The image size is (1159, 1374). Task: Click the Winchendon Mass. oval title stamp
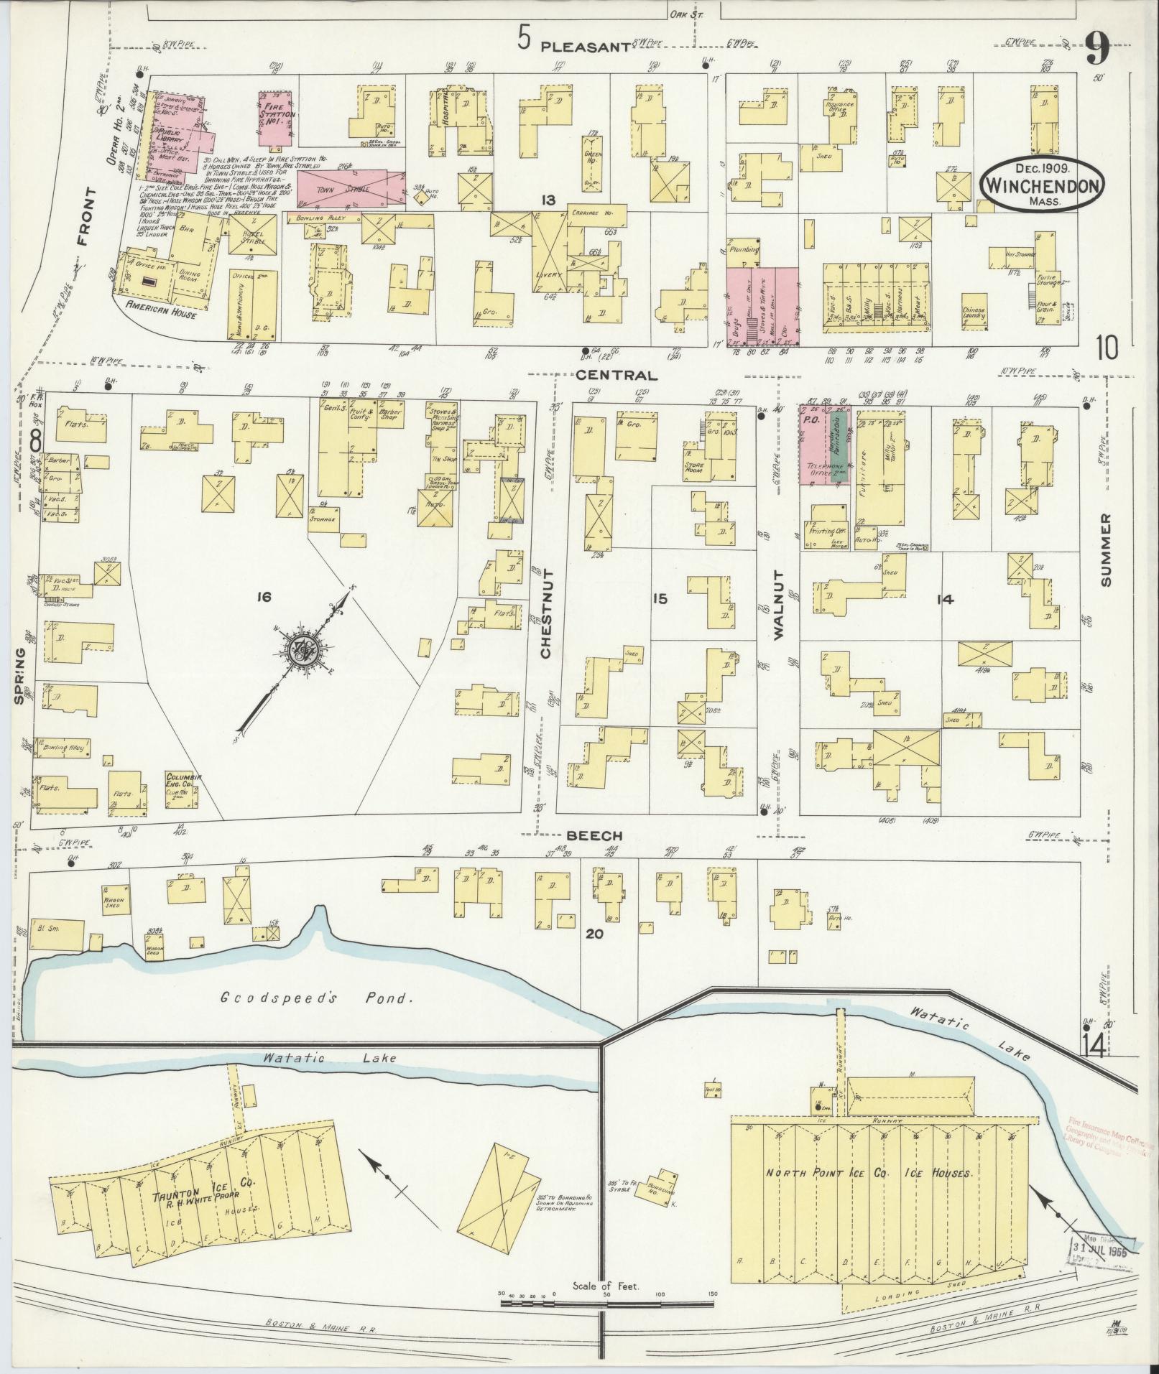[1043, 184]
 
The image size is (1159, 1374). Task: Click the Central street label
[617, 375]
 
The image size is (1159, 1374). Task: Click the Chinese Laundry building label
[973, 314]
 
